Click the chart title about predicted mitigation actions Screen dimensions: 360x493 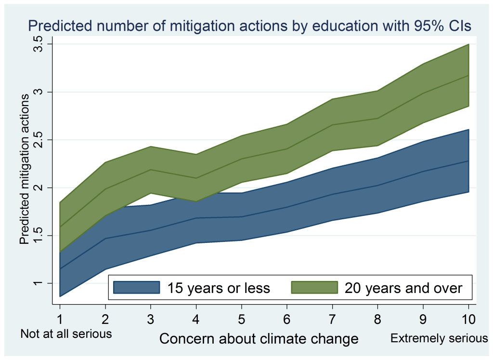tap(249, 26)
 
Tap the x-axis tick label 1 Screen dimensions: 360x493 tap(60, 319)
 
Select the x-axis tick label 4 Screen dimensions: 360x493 tap(196, 319)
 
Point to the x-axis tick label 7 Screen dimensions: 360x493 tap(332, 319)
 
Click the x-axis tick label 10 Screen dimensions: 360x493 tap(468, 319)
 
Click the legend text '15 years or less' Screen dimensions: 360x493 tap(219, 288)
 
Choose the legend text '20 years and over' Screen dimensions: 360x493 tap(403, 288)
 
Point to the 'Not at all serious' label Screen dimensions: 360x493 tap(66, 333)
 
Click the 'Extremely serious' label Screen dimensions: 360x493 tap(439, 338)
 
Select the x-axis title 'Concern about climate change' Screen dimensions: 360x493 tap(259, 339)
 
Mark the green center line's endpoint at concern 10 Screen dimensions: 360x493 tap(468, 76)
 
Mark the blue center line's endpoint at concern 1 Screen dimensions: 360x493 tap(60, 269)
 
